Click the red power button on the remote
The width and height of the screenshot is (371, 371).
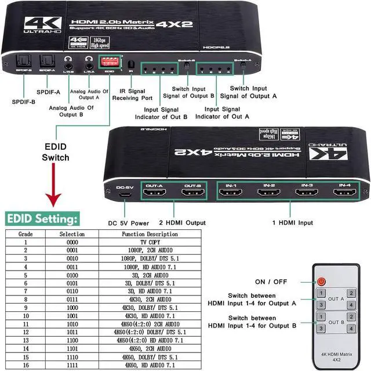point(322,282)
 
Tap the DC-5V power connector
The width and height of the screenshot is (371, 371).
point(123,193)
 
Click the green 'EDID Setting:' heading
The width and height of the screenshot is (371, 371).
point(42,219)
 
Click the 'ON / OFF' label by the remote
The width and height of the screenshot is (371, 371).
point(271,282)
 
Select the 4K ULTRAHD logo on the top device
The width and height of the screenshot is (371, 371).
point(44,26)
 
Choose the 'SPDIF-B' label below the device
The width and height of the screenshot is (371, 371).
point(23,102)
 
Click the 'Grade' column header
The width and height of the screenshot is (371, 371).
point(26,234)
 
